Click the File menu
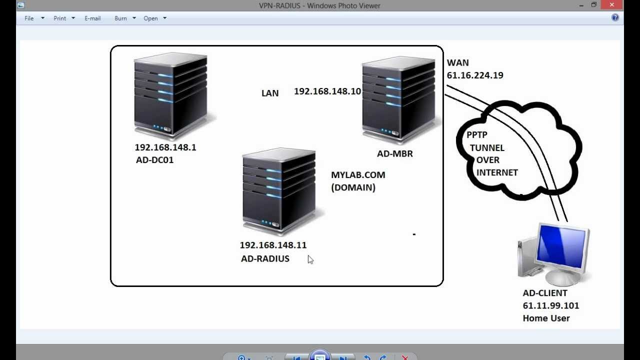(x=29, y=18)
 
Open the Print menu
(x=60, y=18)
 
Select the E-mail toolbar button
(x=92, y=18)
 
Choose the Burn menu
(x=120, y=18)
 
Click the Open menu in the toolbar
(x=150, y=18)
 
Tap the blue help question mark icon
(x=615, y=17)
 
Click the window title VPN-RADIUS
(x=280, y=5)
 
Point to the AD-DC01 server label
(x=155, y=160)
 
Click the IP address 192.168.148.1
(x=165, y=147)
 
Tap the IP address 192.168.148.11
(x=273, y=245)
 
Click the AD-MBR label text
(x=395, y=154)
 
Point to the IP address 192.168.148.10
(x=327, y=91)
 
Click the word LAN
(x=270, y=93)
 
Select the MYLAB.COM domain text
(x=358, y=175)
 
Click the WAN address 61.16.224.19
(x=475, y=75)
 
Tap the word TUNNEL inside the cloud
(x=487, y=148)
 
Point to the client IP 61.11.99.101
(x=551, y=305)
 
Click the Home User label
(x=546, y=318)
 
